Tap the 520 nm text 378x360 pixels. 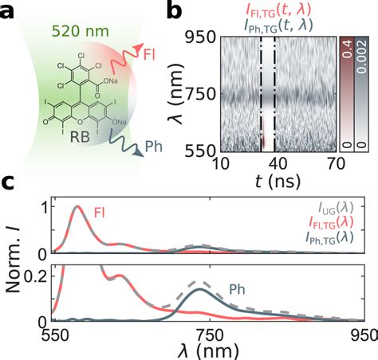(x=74, y=33)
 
